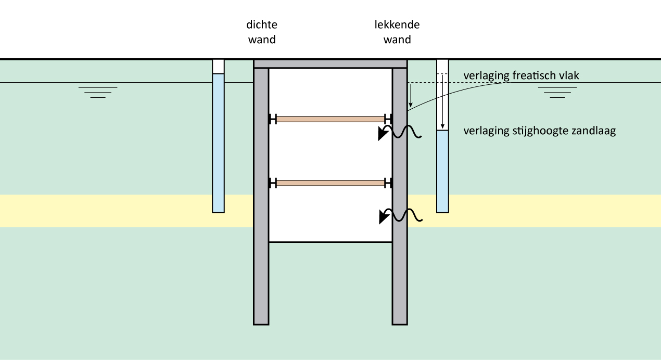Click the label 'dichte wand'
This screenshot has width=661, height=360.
tap(261, 32)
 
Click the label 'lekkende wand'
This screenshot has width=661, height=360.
tap(397, 32)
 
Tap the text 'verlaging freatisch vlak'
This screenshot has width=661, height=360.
tap(521, 76)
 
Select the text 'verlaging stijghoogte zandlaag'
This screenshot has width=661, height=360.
tap(539, 131)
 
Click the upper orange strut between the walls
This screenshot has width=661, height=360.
tap(330, 119)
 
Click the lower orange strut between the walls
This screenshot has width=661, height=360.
tap(330, 183)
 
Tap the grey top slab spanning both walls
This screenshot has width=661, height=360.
tap(330, 63)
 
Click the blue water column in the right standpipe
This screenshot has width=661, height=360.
tap(442, 171)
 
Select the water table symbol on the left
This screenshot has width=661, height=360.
tap(98, 92)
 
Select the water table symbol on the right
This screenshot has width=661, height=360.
tap(557, 92)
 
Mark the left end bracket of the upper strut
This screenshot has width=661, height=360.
tap(272, 119)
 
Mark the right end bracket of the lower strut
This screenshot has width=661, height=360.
tap(388, 183)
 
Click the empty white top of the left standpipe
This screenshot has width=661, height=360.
tap(218, 67)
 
